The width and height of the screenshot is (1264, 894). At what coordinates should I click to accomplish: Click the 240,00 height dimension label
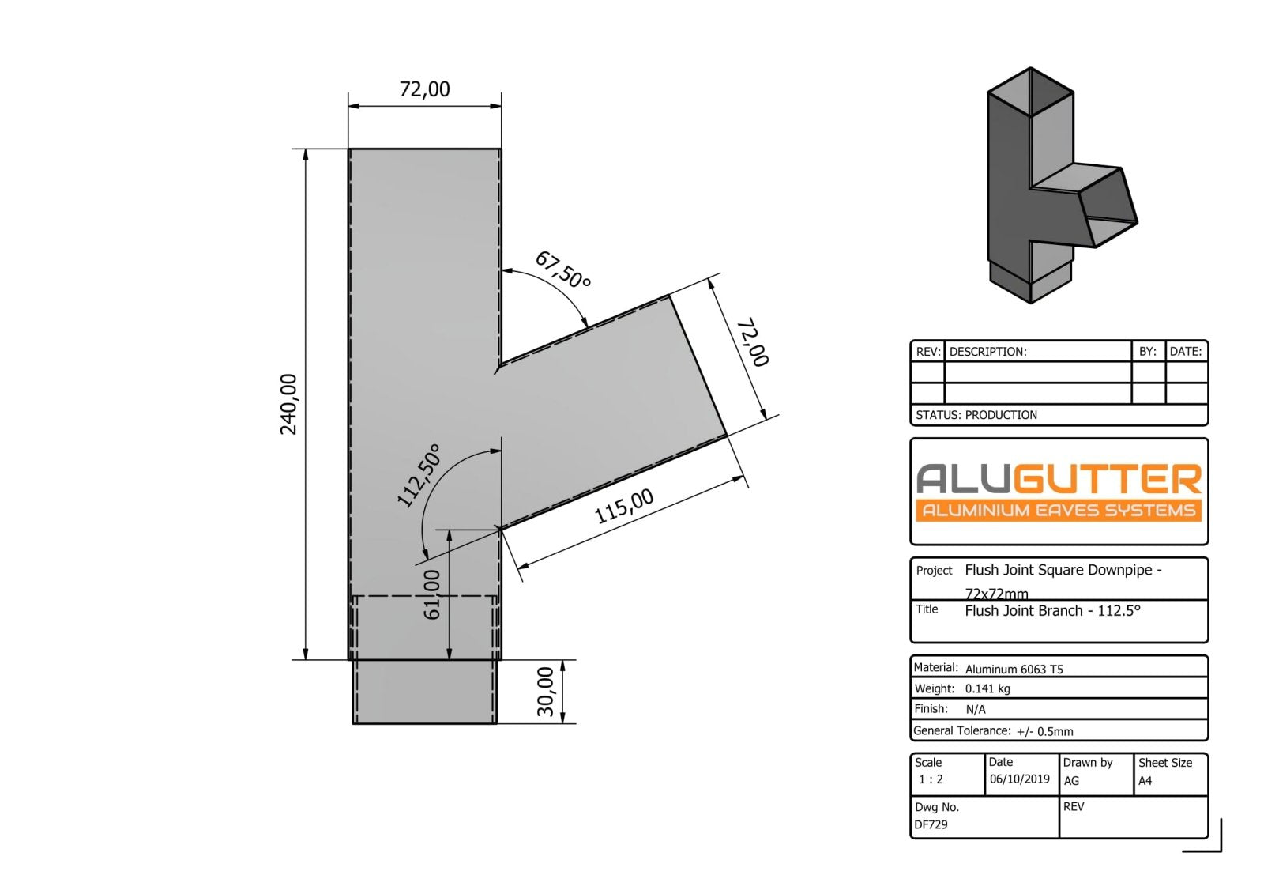click(x=289, y=404)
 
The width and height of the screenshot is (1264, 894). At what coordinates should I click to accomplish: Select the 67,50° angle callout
click(x=562, y=270)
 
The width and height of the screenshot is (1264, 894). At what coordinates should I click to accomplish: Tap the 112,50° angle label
click(x=418, y=475)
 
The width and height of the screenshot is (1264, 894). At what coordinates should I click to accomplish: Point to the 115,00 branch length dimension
click(x=624, y=506)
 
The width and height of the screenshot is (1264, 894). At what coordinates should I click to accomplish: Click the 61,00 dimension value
click(x=432, y=594)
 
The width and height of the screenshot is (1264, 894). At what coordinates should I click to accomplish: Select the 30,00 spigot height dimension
click(x=546, y=692)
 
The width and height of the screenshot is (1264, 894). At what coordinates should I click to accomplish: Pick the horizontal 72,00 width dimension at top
click(x=424, y=89)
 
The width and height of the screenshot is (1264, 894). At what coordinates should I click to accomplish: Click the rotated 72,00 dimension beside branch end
click(x=752, y=342)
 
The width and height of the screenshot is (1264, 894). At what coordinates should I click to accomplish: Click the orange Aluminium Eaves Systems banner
click(x=1059, y=510)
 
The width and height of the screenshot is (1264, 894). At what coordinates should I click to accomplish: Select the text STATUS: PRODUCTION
click(x=976, y=415)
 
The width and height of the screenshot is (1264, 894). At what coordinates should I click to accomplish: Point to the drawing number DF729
click(x=931, y=824)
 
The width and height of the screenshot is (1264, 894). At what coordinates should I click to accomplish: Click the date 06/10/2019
click(x=1019, y=779)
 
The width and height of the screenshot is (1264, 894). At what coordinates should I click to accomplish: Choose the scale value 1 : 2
click(x=931, y=779)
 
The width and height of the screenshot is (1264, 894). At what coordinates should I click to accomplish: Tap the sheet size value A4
click(x=1145, y=781)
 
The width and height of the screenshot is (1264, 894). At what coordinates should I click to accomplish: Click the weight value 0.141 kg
click(x=987, y=688)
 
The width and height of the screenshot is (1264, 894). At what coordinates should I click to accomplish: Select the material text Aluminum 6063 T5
click(x=1014, y=669)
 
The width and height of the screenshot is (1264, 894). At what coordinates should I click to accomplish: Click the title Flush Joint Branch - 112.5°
click(x=1052, y=611)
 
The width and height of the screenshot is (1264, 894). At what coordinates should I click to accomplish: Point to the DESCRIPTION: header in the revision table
click(x=987, y=352)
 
